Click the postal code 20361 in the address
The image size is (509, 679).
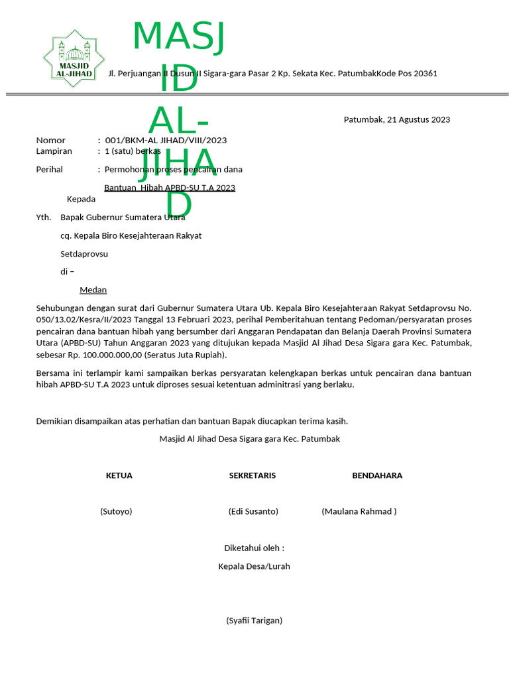(x=425, y=74)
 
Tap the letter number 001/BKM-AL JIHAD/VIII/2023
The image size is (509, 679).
(x=166, y=141)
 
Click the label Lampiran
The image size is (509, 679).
(x=54, y=151)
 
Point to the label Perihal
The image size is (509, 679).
(x=49, y=170)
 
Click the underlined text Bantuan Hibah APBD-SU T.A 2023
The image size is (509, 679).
(x=170, y=188)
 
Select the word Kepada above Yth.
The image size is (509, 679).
(x=81, y=199)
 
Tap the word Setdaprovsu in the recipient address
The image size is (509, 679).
(x=84, y=254)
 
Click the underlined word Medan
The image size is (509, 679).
(x=93, y=290)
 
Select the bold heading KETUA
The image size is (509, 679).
(x=119, y=475)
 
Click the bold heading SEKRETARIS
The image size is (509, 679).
(x=253, y=475)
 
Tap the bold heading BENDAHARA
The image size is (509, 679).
(x=377, y=475)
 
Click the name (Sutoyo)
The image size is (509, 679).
(x=116, y=511)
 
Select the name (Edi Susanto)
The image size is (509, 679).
(x=253, y=511)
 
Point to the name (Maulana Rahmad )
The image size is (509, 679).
(x=359, y=511)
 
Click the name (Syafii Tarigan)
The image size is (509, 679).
(x=254, y=621)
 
